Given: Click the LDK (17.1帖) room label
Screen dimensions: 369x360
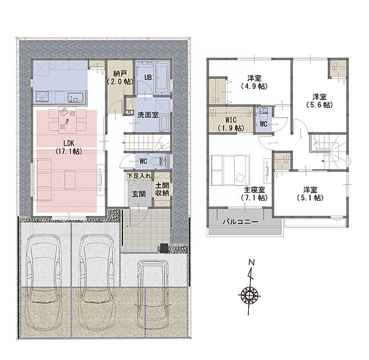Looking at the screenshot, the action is click(69, 147).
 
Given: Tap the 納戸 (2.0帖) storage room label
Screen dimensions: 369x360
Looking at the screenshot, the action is click(120, 78).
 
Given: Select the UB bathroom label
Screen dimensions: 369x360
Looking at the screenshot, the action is click(148, 77).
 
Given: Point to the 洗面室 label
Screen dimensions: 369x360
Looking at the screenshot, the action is click(148, 115).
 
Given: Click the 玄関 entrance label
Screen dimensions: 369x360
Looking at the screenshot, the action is click(138, 194).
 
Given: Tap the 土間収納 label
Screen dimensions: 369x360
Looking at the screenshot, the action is click(162, 189).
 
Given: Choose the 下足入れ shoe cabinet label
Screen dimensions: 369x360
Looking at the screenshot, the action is click(139, 176).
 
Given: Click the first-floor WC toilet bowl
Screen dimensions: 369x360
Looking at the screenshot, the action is click(156, 161).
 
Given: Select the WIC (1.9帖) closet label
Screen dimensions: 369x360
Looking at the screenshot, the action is click(231, 124).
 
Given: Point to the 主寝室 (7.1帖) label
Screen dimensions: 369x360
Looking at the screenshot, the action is click(254, 193).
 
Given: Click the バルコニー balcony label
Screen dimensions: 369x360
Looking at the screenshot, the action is click(240, 222).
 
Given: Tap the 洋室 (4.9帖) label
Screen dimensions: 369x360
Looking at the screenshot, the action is click(254, 82).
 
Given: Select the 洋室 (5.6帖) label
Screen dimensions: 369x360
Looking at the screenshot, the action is click(319, 101).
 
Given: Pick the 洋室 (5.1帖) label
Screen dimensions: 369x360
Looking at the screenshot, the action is click(310, 193).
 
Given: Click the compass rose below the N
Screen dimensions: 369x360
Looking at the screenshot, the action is click(249, 294).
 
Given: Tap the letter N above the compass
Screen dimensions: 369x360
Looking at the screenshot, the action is click(252, 262).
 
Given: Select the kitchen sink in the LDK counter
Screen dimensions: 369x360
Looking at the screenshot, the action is click(76, 98).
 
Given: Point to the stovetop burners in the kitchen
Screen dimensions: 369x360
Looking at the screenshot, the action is click(42, 97).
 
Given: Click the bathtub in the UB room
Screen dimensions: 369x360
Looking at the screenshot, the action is click(162, 78).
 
